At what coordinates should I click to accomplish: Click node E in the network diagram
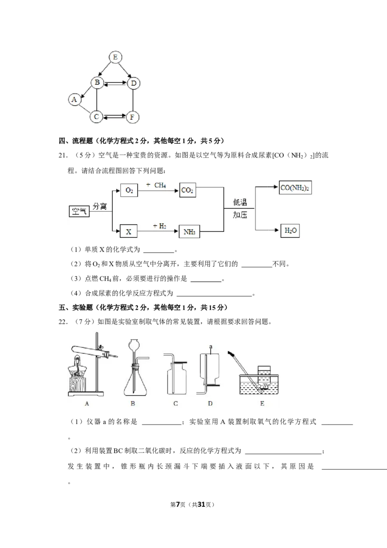(115, 57)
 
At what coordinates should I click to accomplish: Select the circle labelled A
(74, 100)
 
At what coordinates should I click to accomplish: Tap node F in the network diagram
(132, 117)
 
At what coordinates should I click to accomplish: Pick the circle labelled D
(133, 83)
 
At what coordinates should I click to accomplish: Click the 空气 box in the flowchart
(79, 211)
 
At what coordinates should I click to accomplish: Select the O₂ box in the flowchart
(129, 190)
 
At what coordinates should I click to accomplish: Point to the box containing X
(128, 231)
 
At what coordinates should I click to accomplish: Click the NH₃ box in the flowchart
(189, 232)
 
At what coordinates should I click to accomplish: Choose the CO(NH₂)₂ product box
(295, 188)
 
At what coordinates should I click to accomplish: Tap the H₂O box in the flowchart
(290, 230)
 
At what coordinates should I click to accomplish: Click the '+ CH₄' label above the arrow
(156, 185)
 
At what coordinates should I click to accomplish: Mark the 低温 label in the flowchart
(240, 202)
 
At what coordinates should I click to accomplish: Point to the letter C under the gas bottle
(175, 404)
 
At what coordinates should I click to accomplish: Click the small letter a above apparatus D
(210, 347)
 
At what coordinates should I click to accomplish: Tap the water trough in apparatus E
(259, 384)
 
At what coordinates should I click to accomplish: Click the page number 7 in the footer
(178, 504)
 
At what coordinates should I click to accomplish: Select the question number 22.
(63, 322)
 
